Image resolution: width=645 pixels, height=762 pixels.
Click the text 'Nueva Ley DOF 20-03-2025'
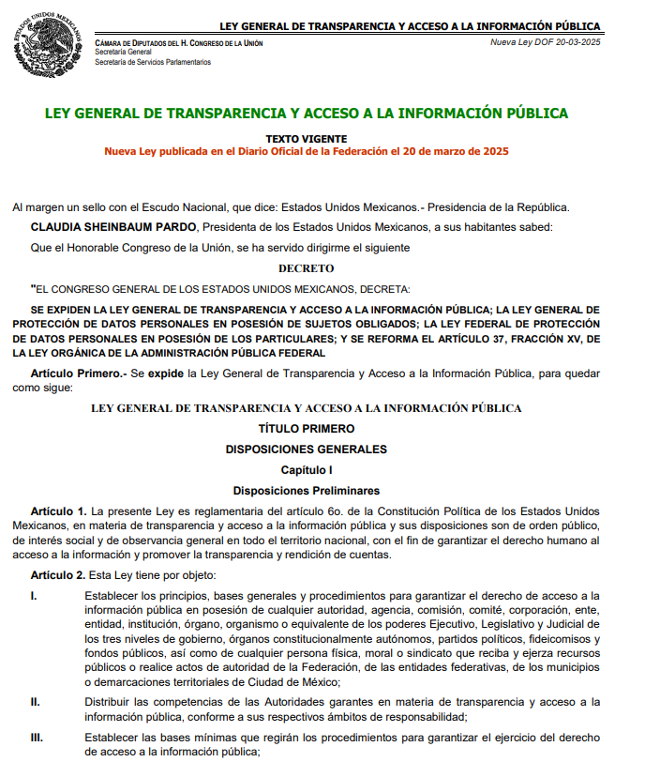tap(546, 43)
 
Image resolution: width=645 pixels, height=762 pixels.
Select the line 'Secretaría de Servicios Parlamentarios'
tap(153, 63)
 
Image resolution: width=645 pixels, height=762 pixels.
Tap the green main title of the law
tap(307, 114)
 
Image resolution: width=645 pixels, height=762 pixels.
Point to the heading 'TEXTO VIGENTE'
tap(307, 138)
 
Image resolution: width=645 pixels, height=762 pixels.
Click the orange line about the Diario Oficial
tap(307, 151)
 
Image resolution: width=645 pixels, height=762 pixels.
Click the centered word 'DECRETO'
tap(307, 268)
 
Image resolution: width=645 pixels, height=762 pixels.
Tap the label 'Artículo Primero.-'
tap(78, 374)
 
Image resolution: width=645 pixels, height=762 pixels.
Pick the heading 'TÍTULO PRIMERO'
tap(307, 429)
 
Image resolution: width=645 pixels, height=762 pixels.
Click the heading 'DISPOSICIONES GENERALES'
tap(307, 450)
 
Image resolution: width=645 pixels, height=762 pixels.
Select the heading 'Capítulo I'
tap(307, 469)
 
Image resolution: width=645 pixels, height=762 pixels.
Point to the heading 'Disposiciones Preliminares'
tap(307, 490)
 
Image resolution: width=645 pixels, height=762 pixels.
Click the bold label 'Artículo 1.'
tap(58, 511)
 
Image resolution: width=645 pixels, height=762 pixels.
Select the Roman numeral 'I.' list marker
tap(34, 596)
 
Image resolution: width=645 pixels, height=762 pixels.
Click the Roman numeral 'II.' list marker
tap(36, 702)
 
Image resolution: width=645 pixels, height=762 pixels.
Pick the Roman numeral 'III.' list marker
tap(37, 738)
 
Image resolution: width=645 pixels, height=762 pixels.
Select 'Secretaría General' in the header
tap(123, 53)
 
